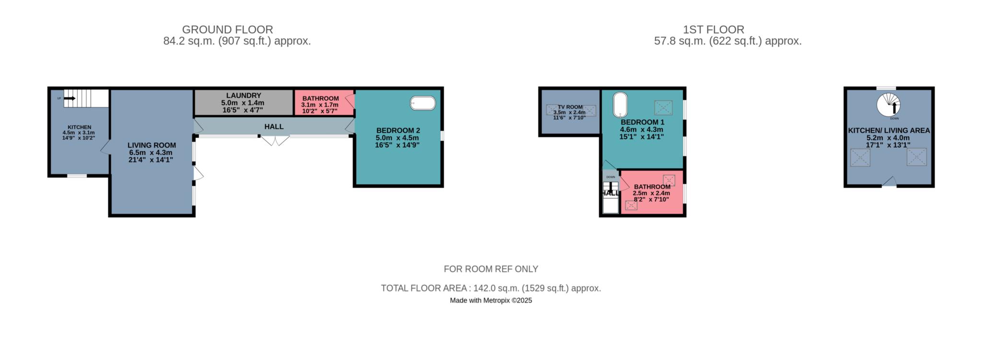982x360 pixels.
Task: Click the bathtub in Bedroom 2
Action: (423, 103)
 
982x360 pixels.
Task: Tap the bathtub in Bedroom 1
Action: (620, 104)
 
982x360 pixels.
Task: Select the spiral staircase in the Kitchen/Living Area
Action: (888, 105)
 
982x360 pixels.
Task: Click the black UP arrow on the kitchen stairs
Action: (70, 98)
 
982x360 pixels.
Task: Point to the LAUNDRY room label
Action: (244, 95)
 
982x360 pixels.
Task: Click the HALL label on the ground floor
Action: (274, 127)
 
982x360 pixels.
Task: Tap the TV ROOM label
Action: (570, 107)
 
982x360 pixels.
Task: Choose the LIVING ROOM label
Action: (152, 145)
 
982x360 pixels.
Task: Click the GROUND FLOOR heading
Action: (227, 30)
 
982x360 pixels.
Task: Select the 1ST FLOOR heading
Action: (713, 30)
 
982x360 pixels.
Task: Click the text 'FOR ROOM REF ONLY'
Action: (491, 269)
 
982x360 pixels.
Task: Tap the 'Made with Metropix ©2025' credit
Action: (491, 301)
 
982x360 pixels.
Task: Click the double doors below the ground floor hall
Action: (275, 140)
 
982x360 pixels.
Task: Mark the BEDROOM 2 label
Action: (398, 130)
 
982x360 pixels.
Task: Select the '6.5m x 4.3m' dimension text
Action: (152, 152)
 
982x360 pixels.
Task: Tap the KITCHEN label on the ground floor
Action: (79, 127)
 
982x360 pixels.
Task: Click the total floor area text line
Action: (491, 288)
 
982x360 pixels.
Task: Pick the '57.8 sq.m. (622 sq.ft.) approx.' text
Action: (728, 41)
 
